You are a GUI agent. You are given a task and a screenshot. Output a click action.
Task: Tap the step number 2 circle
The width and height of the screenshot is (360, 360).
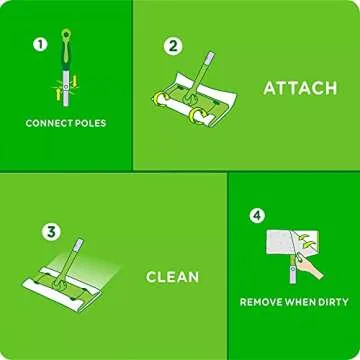[174, 45]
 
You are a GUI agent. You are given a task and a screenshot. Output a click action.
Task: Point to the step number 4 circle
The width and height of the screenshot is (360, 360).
[256, 214]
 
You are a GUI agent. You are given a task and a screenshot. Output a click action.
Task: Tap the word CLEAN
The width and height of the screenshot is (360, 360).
[173, 277]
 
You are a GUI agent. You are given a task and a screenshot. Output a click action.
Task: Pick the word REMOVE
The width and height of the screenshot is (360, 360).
[263, 301]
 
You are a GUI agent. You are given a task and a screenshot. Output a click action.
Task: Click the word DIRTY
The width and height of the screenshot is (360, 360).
[330, 301]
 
